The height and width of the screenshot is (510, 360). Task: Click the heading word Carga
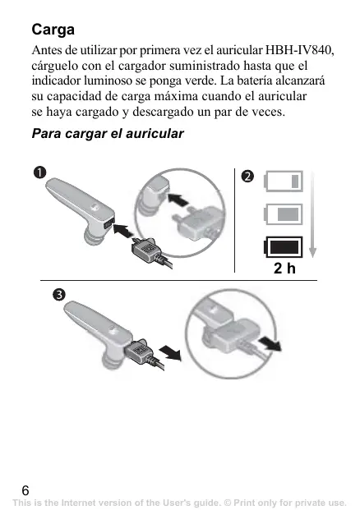tap(53, 30)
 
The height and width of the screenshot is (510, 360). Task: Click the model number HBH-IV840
tap(299, 50)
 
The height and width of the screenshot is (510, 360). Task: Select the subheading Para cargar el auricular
tap(108, 133)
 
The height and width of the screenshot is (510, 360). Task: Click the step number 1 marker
tap(39, 172)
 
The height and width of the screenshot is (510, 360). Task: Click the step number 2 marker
tap(247, 176)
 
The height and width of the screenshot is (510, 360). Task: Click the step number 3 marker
tap(59, 295)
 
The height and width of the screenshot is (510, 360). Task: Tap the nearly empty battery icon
tap(284, 181)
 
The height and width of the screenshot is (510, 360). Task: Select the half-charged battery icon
tap(284, 214)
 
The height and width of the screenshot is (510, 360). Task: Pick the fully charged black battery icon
tap(283, 247)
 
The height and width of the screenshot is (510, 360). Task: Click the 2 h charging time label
tap(285, 269)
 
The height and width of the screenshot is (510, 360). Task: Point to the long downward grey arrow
tap(312, 214)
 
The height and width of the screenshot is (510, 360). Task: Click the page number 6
tap(25, 490)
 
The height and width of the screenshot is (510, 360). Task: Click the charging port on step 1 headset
tap(108, 223)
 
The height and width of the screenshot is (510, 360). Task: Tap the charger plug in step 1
tap(147, 250)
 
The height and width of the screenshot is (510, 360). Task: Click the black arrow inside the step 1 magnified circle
tap(178, 200)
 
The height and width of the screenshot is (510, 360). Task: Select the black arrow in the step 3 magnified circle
tap(270, 344)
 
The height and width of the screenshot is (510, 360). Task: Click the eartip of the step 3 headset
tap(112, 361)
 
